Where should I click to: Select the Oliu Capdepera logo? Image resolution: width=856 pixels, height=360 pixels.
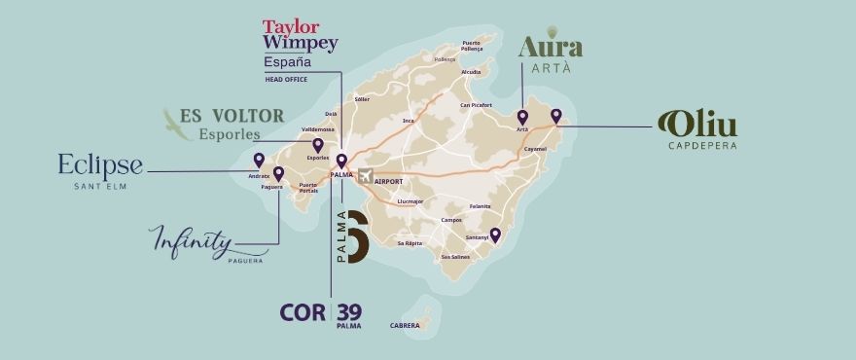697,129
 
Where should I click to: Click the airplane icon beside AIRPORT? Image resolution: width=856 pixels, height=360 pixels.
366,176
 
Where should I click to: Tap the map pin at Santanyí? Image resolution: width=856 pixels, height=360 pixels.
495,234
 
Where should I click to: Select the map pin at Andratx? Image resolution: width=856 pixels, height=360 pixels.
258,161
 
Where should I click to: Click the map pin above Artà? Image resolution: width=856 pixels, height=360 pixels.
522,117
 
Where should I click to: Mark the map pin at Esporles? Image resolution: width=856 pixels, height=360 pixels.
317,145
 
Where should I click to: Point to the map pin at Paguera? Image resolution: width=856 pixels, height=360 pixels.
278,173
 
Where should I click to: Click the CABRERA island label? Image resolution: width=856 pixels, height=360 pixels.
405,325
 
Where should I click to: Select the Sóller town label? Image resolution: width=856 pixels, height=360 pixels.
362,98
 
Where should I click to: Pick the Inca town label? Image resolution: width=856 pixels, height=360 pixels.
410,121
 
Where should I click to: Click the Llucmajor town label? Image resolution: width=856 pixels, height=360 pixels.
411,201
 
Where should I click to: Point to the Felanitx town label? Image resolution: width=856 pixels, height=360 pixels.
480,206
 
